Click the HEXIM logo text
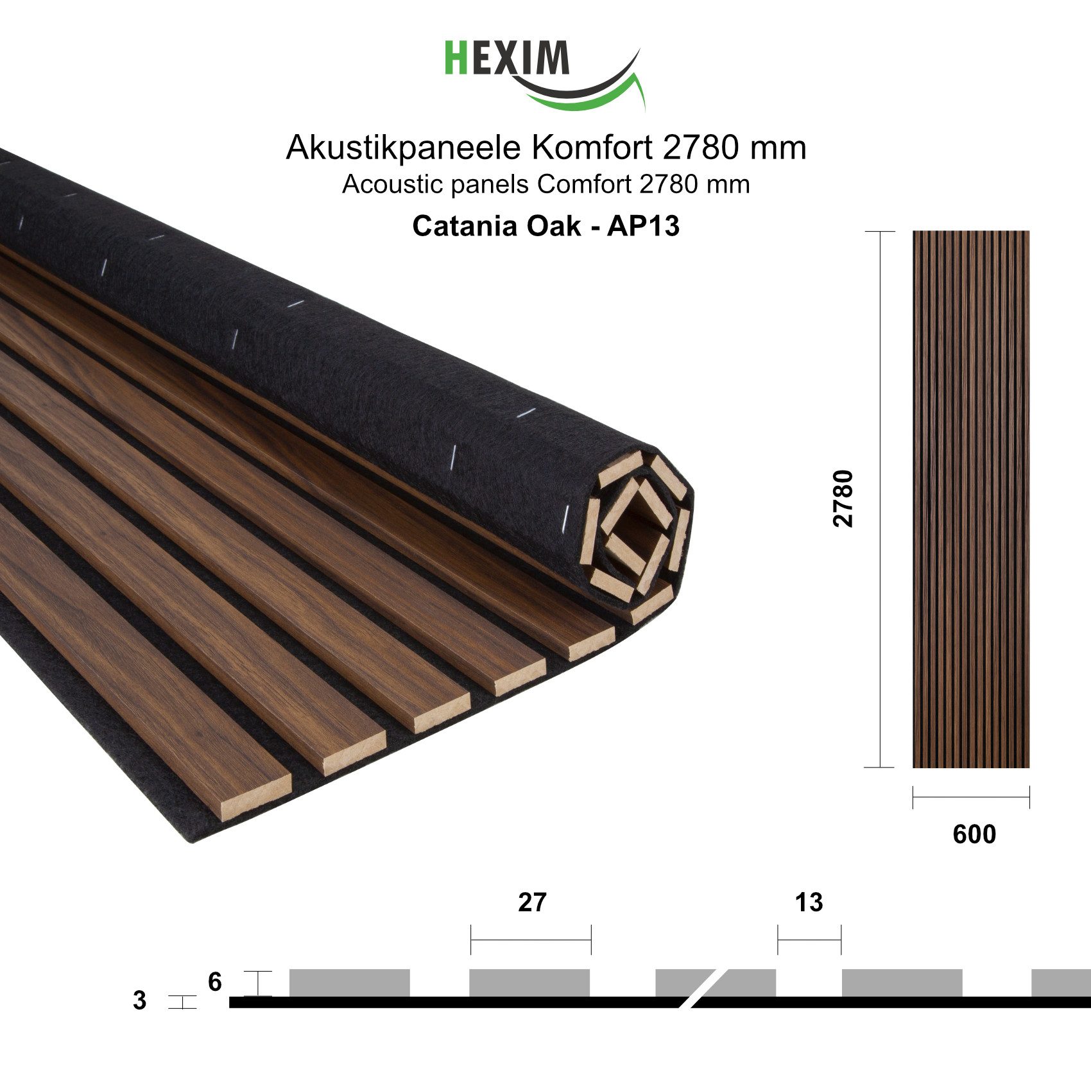click(507, 58)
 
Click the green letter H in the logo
click(456, 58)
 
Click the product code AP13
click(643, 226)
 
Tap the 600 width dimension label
click(974, 834)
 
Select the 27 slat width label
click(532, 902)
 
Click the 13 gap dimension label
click(809, 902)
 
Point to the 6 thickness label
click(214, 982)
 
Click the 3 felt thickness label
click(139, 1001)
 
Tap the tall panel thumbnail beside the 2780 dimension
click(971, 499)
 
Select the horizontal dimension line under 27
click(531, 940)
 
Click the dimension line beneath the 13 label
click(809, 940)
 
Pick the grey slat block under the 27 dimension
click(529, 983)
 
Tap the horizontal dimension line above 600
click(971, 797)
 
